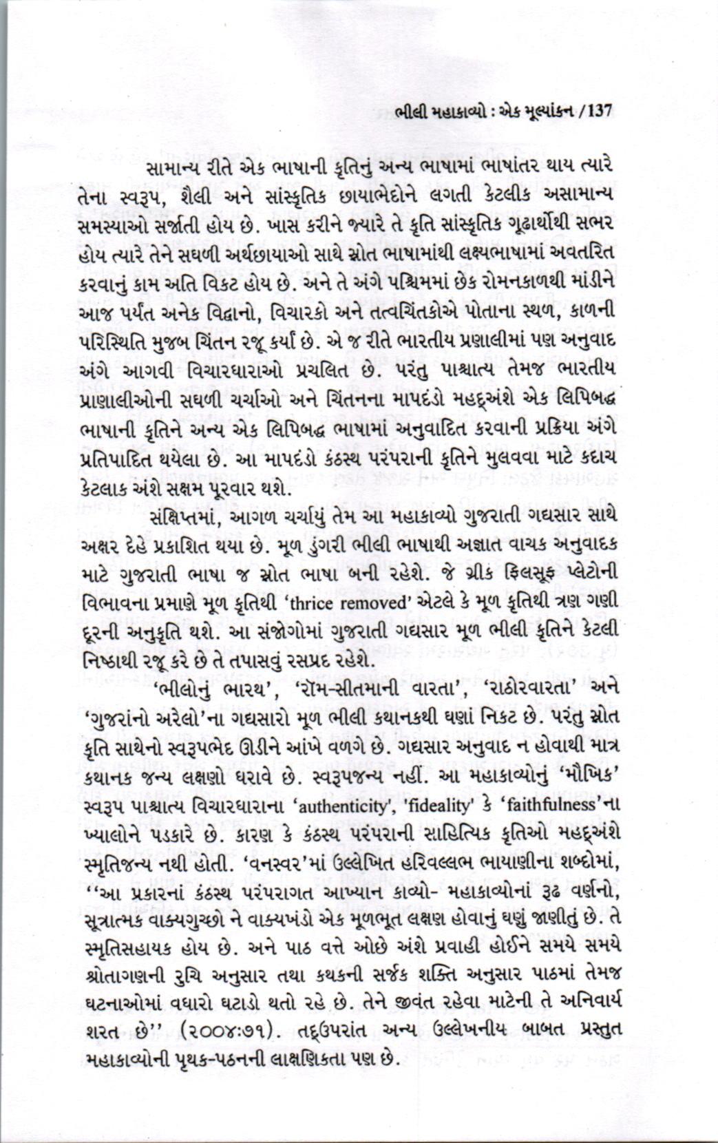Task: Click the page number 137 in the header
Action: [x=596, y=111]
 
